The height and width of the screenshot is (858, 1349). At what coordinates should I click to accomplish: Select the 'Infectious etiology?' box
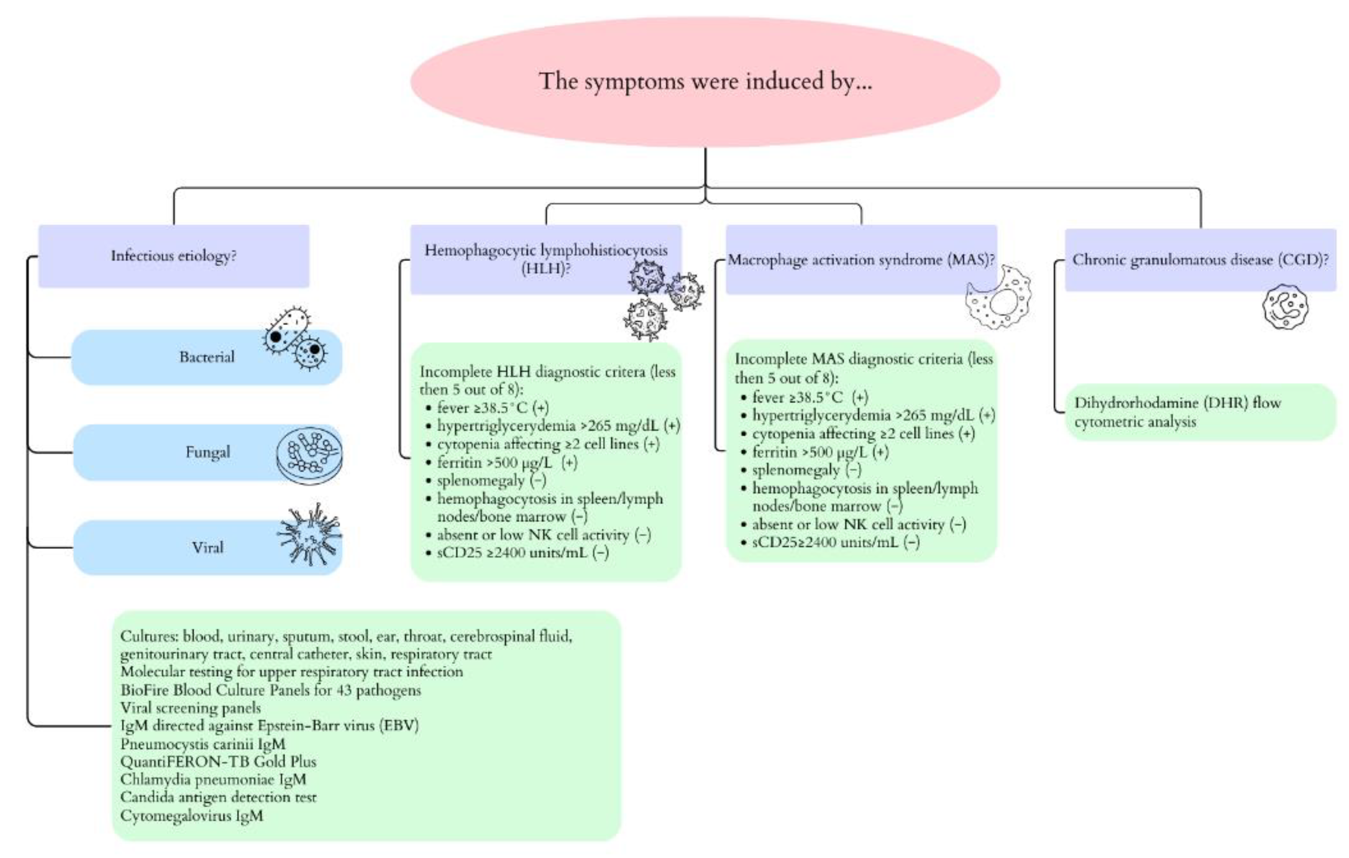pos(173,256)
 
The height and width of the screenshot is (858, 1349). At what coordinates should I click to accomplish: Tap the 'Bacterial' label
pos(207,357)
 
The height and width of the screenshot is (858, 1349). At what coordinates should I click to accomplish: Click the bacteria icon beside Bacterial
pos(295,339)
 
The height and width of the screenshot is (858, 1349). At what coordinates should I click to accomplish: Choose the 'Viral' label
pos(207,547)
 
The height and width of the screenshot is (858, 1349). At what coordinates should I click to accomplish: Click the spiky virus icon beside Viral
pos(310,535)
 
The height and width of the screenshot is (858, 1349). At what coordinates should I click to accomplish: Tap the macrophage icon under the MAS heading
pos(998,298)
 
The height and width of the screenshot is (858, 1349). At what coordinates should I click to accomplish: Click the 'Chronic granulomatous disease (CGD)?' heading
pos(1200,260)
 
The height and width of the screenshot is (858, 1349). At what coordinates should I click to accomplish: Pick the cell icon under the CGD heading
pos(1285,307)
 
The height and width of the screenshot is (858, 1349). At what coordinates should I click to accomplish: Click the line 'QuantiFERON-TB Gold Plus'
pos(218,762)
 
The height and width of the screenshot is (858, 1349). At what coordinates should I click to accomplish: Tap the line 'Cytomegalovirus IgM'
pos(191,815)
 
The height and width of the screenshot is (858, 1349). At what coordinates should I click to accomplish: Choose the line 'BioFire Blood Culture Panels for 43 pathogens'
pos(270,689)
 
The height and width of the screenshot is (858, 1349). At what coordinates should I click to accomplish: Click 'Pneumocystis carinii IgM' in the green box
pos(203,744)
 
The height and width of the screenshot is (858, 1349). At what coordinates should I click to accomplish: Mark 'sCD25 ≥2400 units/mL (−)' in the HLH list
pos(522,553)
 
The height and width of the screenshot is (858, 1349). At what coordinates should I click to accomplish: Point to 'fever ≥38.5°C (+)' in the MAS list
pos(810,397)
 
